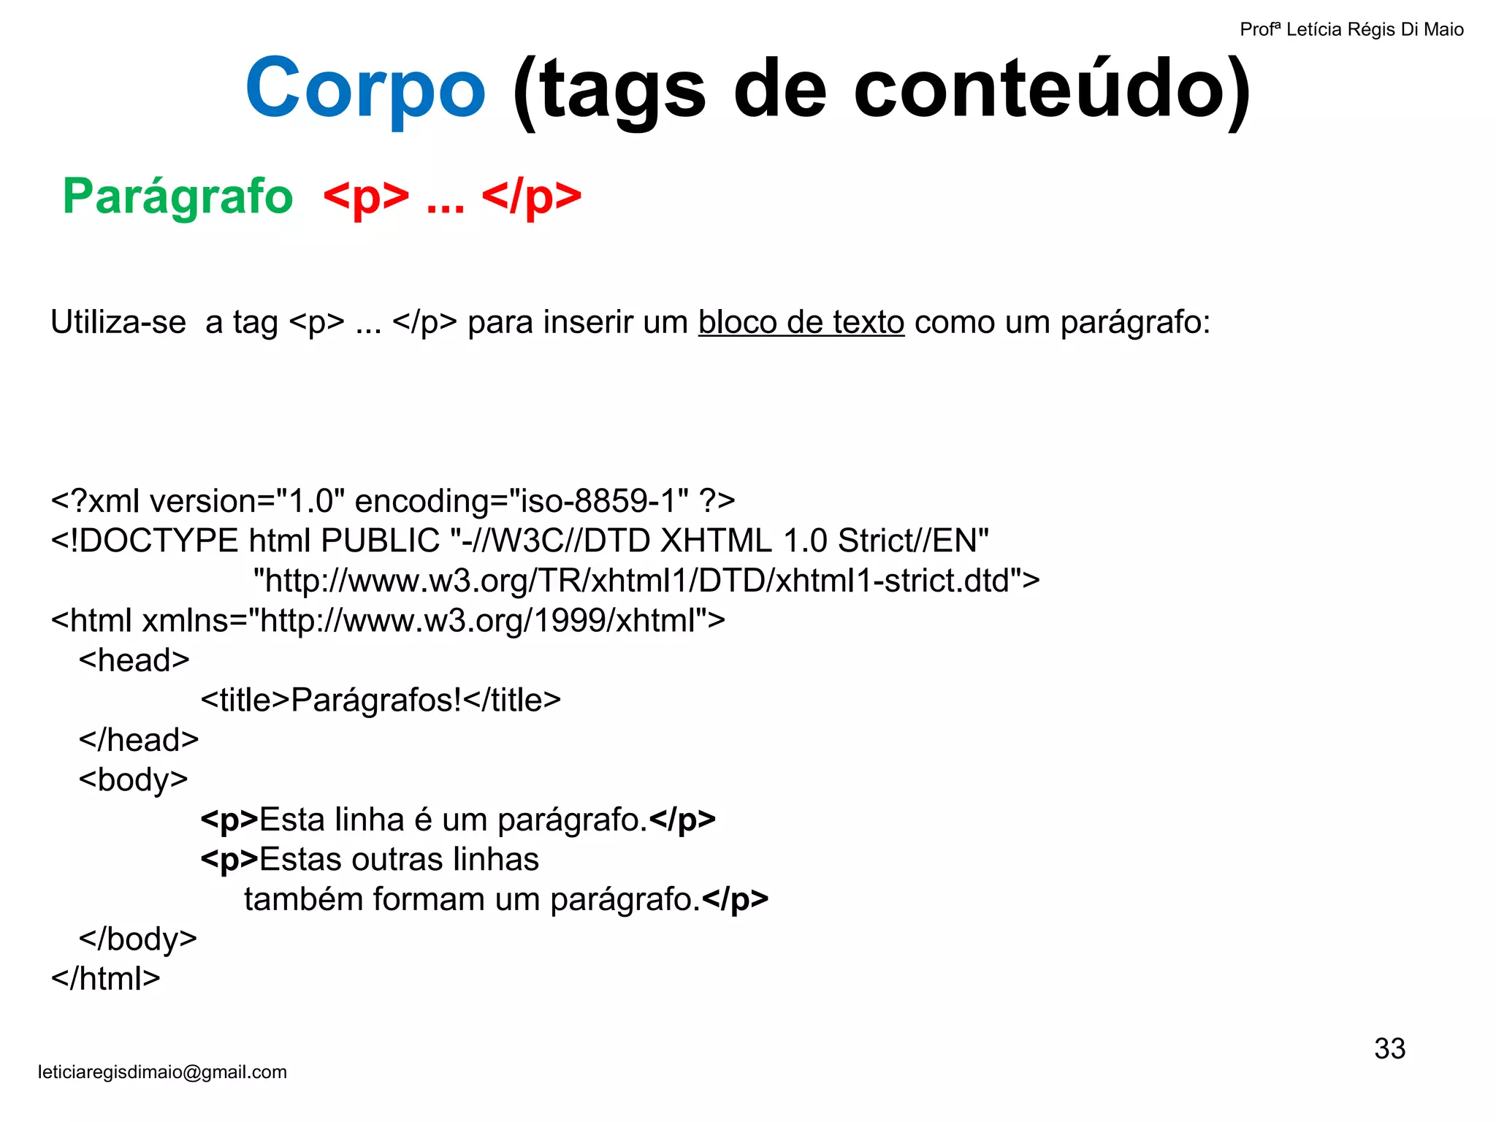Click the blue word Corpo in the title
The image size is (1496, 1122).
(x=365, y=89)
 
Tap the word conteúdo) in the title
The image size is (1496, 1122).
(x=1052, y=91)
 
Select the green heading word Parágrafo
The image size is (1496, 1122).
(x=178, y=196)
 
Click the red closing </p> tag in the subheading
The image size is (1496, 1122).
(x=532, y=196)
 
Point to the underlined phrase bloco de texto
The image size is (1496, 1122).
(x=801, y=322)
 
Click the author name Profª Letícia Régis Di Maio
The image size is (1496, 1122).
(x=1351, y=30)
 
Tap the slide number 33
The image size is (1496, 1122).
(x=1389, y=1049)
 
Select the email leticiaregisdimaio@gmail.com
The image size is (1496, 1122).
(x=162, y=1072)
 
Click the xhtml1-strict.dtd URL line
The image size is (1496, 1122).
(x=646, y=581)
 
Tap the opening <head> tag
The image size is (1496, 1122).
(x=134, y=660)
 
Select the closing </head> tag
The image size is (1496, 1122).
(x=139, y=740)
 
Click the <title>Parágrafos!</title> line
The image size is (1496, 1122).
(x=381, y=701)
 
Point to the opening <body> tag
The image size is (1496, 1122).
(x=134, y=780)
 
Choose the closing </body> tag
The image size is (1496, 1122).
(x=138, y=939)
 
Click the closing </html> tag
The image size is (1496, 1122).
(x=106, y=979)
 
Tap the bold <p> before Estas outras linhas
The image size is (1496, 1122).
(x=229, y=860)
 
